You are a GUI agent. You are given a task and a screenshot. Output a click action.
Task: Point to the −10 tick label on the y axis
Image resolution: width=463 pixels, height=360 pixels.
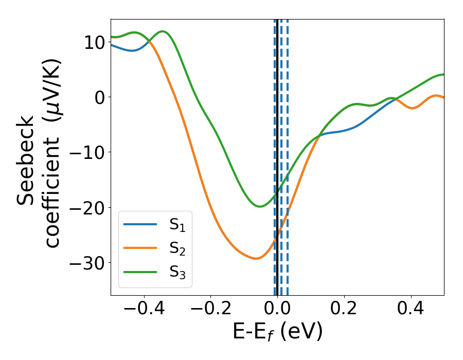(87, 152)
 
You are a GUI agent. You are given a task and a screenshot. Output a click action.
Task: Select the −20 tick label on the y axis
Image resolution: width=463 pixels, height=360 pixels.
(87, 207)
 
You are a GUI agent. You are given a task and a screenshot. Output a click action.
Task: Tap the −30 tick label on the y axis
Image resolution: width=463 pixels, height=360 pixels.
(87, 263)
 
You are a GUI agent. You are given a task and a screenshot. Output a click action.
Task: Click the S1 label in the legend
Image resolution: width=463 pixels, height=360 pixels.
(178, 224)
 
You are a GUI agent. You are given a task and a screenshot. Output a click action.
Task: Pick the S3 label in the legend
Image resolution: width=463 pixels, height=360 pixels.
(178, 272)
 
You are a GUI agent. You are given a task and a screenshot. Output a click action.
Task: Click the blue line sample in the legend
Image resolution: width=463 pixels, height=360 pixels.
(140, 224)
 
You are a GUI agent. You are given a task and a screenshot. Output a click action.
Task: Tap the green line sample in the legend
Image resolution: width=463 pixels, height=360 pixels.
(140, 272)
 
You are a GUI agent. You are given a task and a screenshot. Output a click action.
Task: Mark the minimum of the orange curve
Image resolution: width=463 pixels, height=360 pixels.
(256, 258)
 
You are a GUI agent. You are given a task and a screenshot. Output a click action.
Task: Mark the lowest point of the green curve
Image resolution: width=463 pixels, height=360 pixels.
(260, 206)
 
